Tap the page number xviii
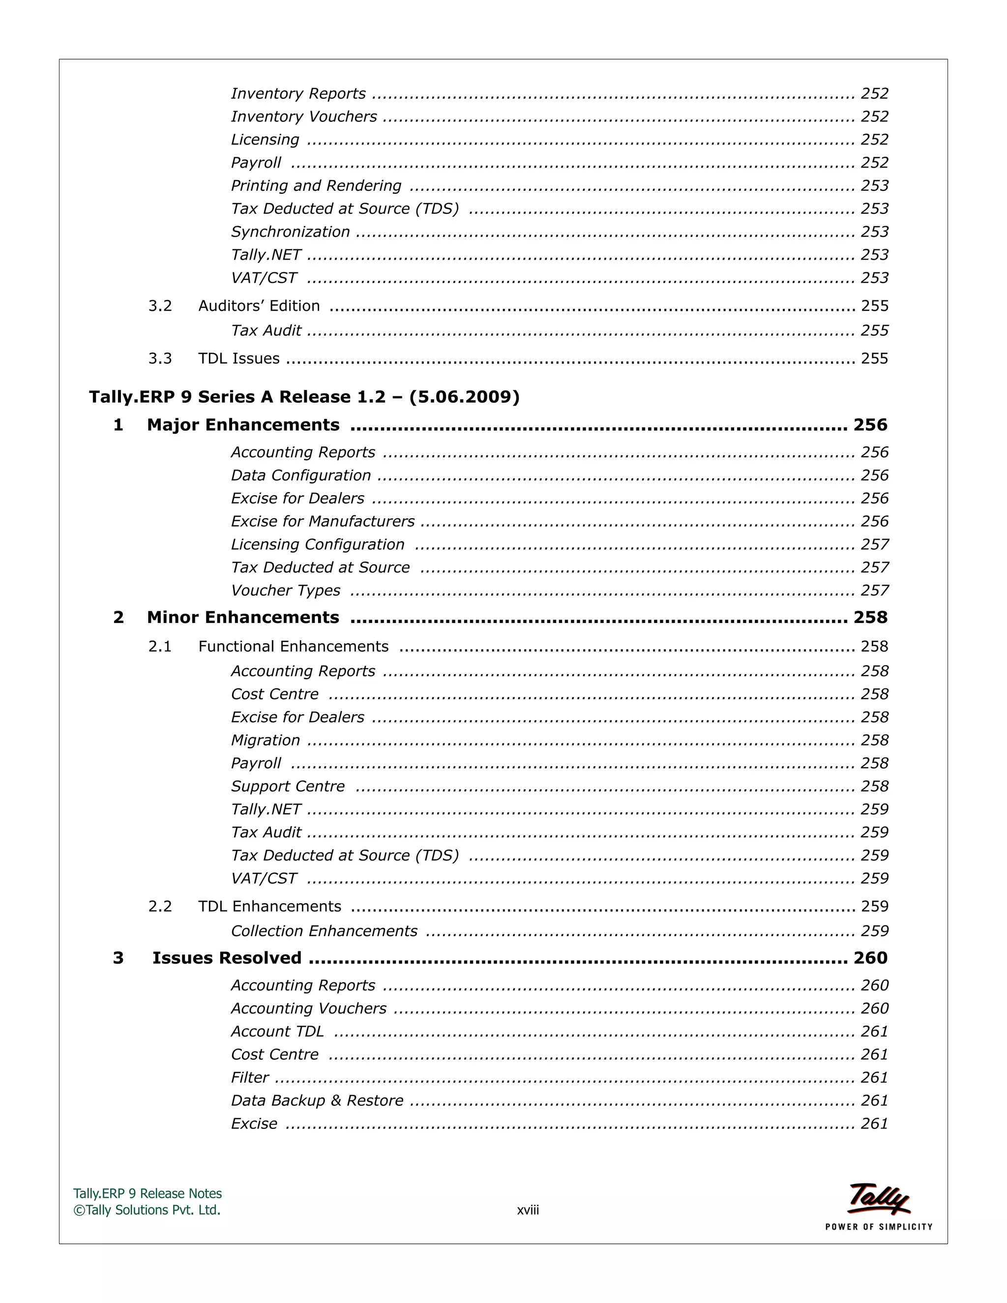click(x=528, y=1211)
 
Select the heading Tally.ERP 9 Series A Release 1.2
click(x=304, y=397)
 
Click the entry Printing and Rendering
click(x=316, y=185)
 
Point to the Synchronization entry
click(x=291, y=232)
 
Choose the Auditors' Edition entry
click(x=259, y=305)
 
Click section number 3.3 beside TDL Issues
click(x=160, y=358)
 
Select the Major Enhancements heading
click(x=243, y=425)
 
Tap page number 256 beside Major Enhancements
click(x=870, y=425)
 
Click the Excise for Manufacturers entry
click(x=323, y=521)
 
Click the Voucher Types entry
click(x=286, y=591)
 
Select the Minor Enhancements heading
click(x=243, y=617)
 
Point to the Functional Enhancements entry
click(x=293, y=646)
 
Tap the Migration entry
click(x=266, y=740)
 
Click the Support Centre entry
click(x=288, y=786)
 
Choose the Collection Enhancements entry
click(x=324, y=931)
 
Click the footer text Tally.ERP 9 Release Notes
click(x=148, y=1194)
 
